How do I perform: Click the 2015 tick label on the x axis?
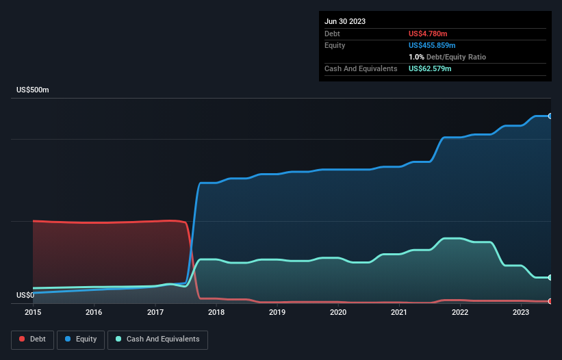click(x=33, y=312)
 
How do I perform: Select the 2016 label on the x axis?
click(x=94, y=312)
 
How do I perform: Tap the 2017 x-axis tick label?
click(x=155, y=312)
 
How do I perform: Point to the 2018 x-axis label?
click(x=216, y=312)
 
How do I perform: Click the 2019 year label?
click(x=277, y=312)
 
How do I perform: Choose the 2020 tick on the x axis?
click(x=338, y=312)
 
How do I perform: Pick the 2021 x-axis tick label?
click(x=399, y=312)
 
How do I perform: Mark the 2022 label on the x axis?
click(x=460, y=312)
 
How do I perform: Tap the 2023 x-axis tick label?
click(x=521, y=312)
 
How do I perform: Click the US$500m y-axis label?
click(x=33, y=90)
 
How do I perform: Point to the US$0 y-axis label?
click(x=25, y=295)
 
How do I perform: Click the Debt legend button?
click(x=32, y=339)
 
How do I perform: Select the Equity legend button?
click(x=81, y=339)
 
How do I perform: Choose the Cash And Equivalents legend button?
click(x=157, y=339)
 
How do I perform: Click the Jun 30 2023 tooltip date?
click(x=345, y=21)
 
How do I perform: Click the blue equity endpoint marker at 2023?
click(x=550, y=116)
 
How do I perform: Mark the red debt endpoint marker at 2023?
click(x=550, y=301)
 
